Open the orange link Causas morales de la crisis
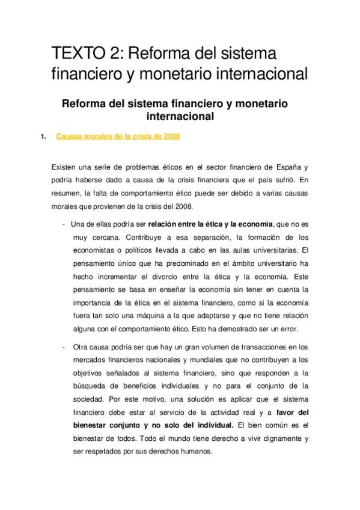118,137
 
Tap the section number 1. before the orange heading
43,137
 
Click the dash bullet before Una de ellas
64,224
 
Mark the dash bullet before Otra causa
64,347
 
